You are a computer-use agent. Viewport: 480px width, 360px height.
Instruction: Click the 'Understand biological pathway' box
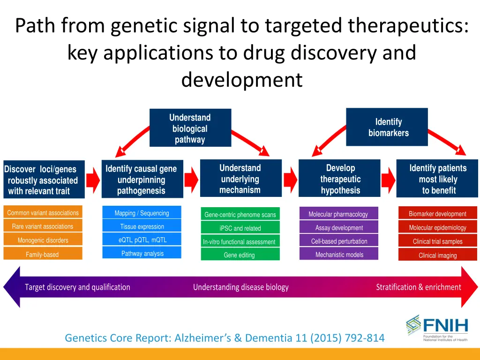190,128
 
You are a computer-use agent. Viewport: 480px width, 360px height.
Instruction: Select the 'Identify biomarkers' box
387,127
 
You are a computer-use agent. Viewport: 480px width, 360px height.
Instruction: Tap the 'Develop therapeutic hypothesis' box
340,179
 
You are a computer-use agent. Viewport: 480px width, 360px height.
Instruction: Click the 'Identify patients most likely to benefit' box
437,179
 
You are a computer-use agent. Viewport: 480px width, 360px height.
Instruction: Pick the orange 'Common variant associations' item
43,213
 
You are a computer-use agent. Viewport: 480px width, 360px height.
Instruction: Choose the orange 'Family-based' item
43,255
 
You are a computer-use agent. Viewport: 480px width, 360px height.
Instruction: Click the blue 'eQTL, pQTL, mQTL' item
142,240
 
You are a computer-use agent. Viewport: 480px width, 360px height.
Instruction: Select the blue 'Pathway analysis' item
142,254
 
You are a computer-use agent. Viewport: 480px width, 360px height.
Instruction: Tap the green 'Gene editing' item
240,255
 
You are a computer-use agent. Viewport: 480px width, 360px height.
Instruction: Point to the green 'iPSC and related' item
240,228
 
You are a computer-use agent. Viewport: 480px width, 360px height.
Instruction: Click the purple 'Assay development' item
338,228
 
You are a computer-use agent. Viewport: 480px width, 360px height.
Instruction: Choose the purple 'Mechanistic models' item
338,255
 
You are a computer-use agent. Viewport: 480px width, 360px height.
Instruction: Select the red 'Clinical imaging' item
437,255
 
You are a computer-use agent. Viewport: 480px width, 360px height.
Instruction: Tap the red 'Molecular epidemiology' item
437,228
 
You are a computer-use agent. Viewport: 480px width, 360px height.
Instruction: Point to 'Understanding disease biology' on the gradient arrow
240,287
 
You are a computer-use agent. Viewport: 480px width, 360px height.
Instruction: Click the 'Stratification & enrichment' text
418,287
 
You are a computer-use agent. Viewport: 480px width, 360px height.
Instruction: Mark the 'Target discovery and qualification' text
77,287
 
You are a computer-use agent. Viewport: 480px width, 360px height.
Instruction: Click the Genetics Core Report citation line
225,337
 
